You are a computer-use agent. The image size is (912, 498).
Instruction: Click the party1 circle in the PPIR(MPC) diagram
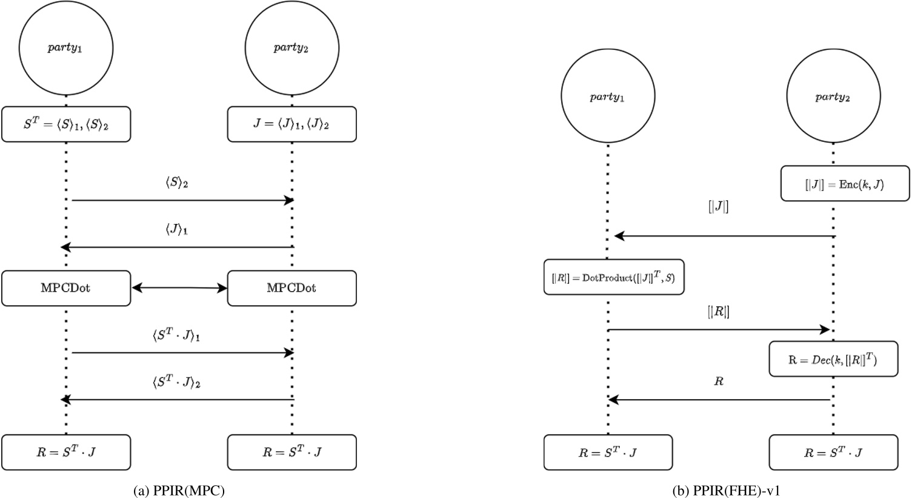(65, 48)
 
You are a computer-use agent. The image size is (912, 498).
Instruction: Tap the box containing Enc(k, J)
(845, 184)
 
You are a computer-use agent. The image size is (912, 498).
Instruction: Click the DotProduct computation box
(614, 278)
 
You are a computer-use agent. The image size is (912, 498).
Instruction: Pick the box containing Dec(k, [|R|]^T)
(833, 359)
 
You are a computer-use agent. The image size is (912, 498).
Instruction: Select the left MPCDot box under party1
(65, 288)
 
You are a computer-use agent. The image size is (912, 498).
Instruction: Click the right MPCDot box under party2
(291, 288)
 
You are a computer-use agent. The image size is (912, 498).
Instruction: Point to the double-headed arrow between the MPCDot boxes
(179, 288)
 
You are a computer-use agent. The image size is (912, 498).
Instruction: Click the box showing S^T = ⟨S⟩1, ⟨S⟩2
(65, 125)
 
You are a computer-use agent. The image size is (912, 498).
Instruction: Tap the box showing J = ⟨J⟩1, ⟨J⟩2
(291, 125)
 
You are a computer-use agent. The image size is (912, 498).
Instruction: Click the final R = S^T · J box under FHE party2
(833, 452)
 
